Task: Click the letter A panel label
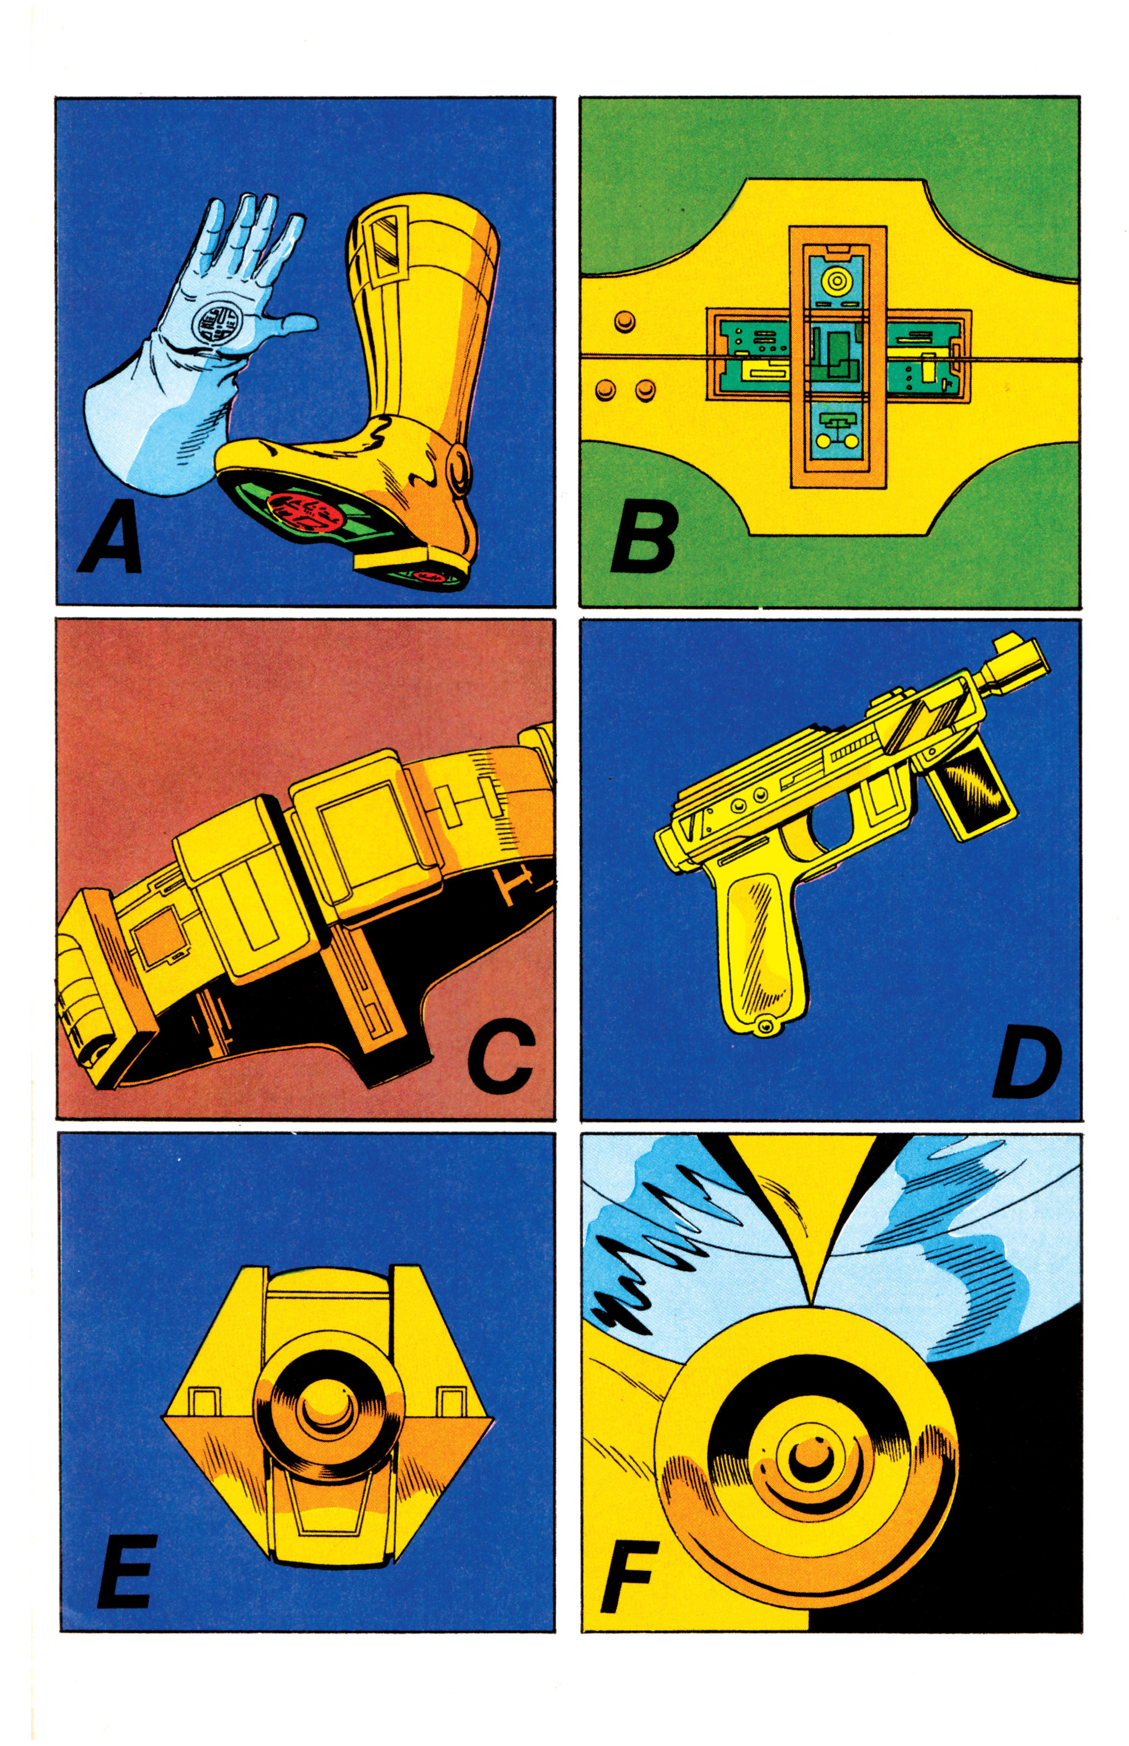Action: [110, 543]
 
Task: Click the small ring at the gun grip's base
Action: [767, 1026]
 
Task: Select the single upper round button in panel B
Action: [624, 321]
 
